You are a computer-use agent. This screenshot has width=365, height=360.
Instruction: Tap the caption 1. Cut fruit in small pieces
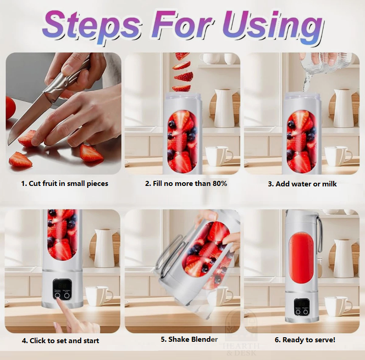click(x=64, y=184)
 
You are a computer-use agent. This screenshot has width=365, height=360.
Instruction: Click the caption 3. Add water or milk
click(x=302, y=184)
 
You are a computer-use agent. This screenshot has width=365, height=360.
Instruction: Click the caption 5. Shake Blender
click(x=189, y=339)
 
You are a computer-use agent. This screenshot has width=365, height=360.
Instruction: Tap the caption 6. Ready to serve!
click(x=305, y=340)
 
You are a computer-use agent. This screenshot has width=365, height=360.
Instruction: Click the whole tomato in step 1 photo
click(x=10, y=108)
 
